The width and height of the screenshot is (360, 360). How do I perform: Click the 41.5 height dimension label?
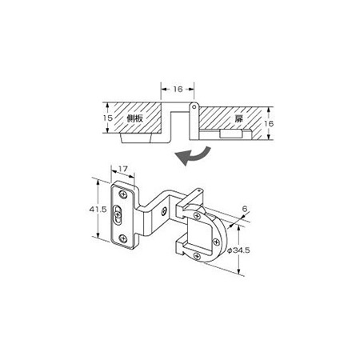(x=98, y=210)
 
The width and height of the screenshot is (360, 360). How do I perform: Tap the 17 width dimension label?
(x=123, y=169)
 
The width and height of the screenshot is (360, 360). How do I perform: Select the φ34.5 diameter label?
(x=238, y=250)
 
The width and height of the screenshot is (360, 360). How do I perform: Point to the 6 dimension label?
(x=245, y=209)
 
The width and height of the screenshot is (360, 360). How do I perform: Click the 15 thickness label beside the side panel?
(x=108, y=118)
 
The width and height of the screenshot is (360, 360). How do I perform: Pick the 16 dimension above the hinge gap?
(x=178, y=89)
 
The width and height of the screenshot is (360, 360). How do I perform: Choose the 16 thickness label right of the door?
(x=269, y=123)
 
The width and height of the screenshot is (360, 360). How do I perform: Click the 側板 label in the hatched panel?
(x=135, y=118)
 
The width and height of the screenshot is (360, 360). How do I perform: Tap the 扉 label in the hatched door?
(x=238, y=119)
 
